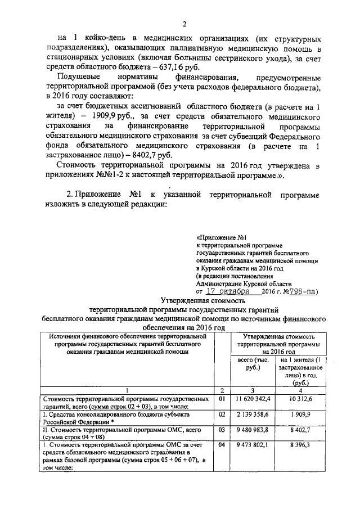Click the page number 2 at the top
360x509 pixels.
point(184,23)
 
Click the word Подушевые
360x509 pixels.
point(79,76)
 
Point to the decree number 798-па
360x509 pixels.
point(304,292)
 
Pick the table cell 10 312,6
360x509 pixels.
point(301,399)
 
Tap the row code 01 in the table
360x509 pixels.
point(222,399)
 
